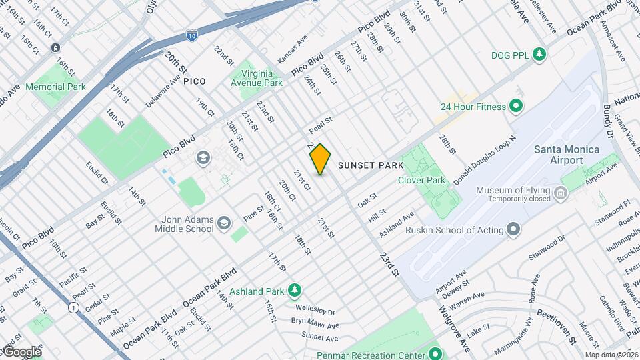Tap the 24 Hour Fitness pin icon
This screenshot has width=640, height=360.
[515, 106]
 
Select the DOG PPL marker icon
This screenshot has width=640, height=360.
[539, 55]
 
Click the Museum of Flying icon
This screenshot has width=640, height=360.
[561, 194]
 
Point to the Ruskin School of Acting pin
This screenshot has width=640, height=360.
[513, 231]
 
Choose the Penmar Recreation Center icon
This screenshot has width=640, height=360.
[435, 353]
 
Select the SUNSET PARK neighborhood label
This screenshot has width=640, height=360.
[371, 165]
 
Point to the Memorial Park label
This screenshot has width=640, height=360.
[55, 87]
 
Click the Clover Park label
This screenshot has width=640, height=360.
[421, 180]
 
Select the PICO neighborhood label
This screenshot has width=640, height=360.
[194, 81]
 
